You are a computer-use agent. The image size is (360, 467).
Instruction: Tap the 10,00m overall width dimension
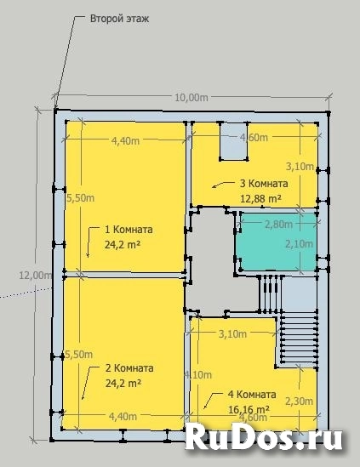191,97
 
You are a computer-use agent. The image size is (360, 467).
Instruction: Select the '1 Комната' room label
129,230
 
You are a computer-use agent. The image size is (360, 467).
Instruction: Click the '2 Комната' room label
129,368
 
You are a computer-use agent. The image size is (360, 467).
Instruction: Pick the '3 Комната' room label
263,183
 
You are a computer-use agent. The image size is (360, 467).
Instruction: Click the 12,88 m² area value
261,198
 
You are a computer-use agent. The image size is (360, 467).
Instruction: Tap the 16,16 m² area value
248,409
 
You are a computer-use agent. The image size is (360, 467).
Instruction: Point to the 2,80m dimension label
277,225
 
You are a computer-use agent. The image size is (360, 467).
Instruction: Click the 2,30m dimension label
297,402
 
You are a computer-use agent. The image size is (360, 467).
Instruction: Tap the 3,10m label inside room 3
300,166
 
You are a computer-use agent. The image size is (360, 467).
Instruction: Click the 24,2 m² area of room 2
123,384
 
